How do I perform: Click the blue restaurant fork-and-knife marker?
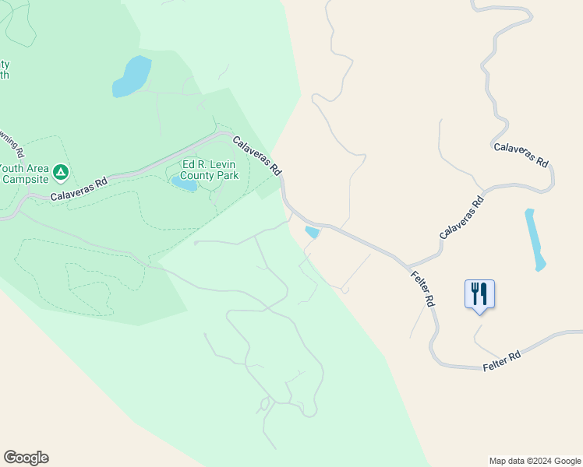pos(479,293)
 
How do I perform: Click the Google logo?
pos(26,458)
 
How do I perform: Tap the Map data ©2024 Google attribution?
pos(534,461)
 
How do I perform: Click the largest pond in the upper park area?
pos(132,77)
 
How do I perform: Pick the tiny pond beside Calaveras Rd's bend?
pos(313,232)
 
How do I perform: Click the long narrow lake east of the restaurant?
pos(535,239)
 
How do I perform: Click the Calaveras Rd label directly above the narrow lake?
pos(521,153)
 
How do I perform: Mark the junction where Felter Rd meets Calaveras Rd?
pos(405,265)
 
